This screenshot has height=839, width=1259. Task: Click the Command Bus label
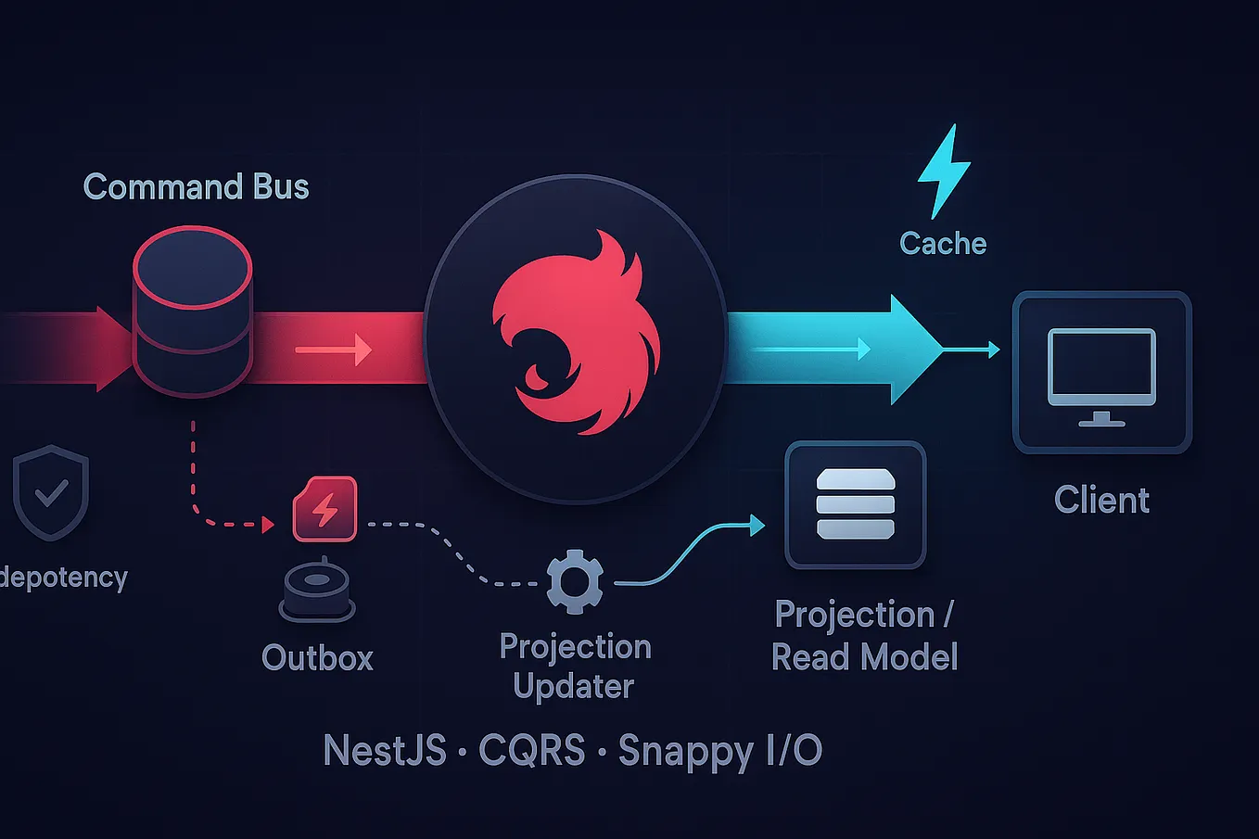196,187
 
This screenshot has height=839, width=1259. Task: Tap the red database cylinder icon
193,311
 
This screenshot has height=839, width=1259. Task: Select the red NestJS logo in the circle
576,334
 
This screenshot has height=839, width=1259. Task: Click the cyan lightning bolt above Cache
944,171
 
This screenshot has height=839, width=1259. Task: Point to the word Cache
943,244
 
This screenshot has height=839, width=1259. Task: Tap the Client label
1101,501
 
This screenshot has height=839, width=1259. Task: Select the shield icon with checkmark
51,492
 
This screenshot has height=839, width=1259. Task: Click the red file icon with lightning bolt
324,509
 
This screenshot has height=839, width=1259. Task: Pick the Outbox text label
317,658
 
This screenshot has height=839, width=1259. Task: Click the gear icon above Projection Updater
575,582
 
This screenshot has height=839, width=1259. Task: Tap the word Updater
574,688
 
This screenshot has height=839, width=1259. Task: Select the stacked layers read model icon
855,505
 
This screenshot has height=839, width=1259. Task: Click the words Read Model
864,658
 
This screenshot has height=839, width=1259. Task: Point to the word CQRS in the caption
532,751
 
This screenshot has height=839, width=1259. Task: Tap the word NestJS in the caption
385,751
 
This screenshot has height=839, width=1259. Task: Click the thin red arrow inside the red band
334,350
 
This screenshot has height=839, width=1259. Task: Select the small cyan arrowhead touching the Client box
994,350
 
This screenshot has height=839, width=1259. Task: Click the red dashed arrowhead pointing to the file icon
269,525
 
